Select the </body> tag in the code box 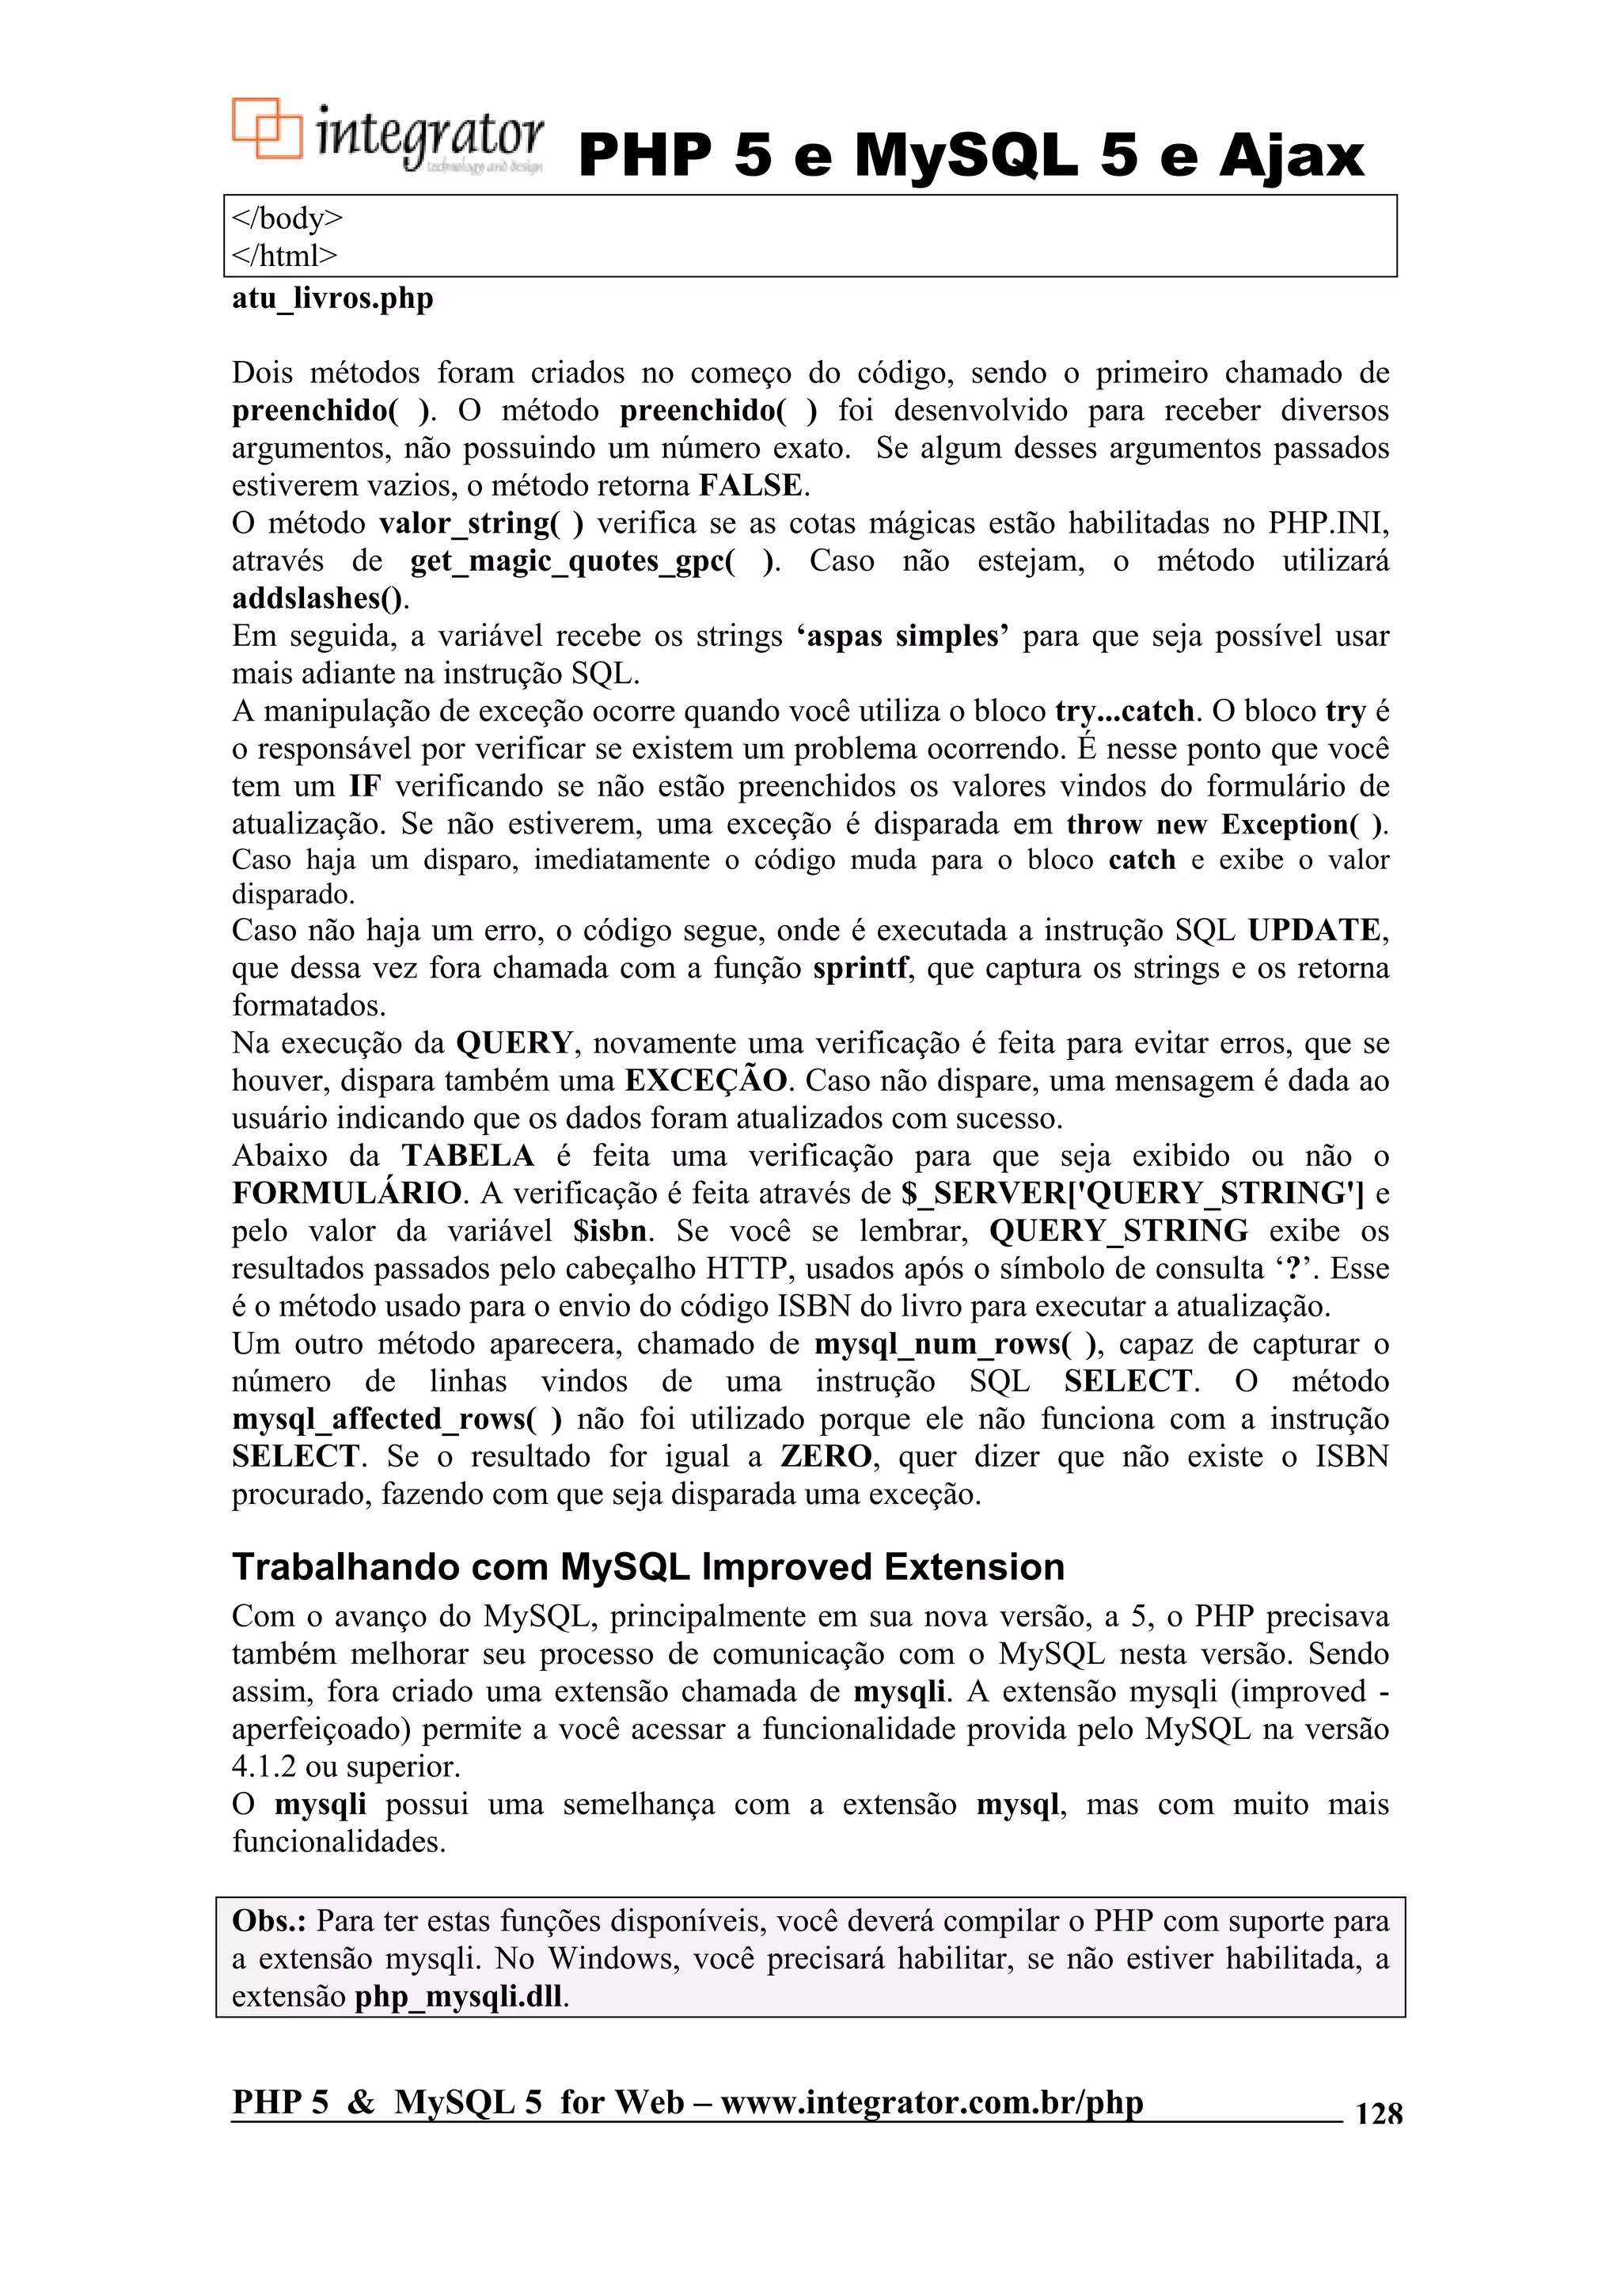point(287,218)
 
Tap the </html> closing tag point(285,256)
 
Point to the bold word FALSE point(751,485)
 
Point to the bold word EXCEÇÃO point(706,1080)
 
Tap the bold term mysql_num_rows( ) point(957,1344)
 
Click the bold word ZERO point(826,1456)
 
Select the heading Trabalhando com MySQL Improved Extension point(648,1567)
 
